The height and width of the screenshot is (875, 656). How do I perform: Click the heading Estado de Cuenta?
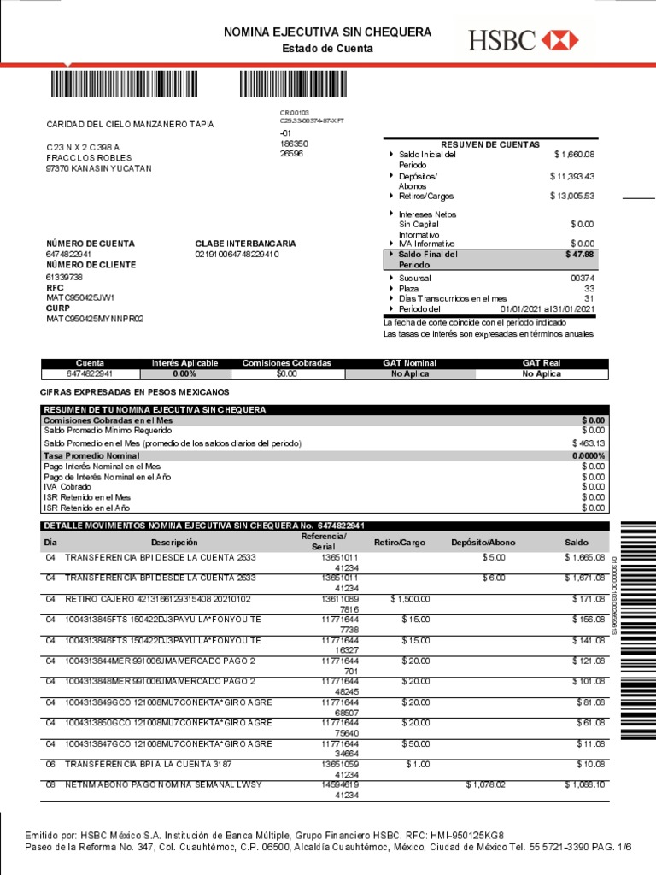[x=327, y=49]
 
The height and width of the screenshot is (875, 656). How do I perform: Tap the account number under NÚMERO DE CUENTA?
[x=69, y=255]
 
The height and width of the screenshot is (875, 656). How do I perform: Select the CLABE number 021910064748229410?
[x=237, y=255]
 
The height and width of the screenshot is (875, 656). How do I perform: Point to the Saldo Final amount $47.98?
[x=579, y=255]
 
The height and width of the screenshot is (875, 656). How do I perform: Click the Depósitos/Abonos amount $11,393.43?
[x=571, y=176]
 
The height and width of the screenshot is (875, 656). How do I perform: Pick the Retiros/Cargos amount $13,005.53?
[x=571, y=196]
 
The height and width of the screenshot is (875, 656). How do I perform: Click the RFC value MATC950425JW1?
[x=80, y=297]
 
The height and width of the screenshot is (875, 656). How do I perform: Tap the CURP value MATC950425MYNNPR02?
[x=95, y=319]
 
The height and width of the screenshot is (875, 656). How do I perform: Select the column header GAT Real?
[x=542, y=363]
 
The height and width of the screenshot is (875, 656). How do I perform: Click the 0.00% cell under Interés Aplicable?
[x=184, y=373]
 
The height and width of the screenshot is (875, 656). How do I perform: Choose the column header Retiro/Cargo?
[x=399, y=543]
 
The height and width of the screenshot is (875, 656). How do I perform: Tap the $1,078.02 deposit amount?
[x=485, y=784]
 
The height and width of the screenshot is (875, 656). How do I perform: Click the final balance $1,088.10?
[x=584, y=784]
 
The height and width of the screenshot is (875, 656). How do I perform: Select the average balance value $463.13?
[x=589, y=443]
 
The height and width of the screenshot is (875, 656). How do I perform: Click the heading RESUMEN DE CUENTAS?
[x=489, y=144]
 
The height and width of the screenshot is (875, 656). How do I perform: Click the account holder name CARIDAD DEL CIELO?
[x=130, y=125]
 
